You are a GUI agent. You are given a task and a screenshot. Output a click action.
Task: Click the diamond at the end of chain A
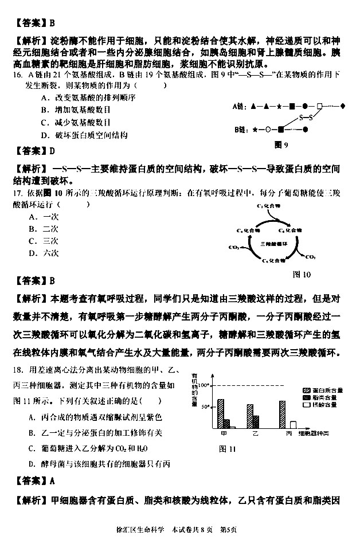(343, 107)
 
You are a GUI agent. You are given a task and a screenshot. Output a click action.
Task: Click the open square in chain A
(320, 107)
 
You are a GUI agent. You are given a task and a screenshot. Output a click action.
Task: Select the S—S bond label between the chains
(307, 118)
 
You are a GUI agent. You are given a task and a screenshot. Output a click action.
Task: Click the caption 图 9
(281, 144)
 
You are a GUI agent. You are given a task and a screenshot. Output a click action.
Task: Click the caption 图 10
(302, 274)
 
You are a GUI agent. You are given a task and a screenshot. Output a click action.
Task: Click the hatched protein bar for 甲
(221, 413)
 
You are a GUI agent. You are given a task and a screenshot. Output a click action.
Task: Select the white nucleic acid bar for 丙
(294, 425)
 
